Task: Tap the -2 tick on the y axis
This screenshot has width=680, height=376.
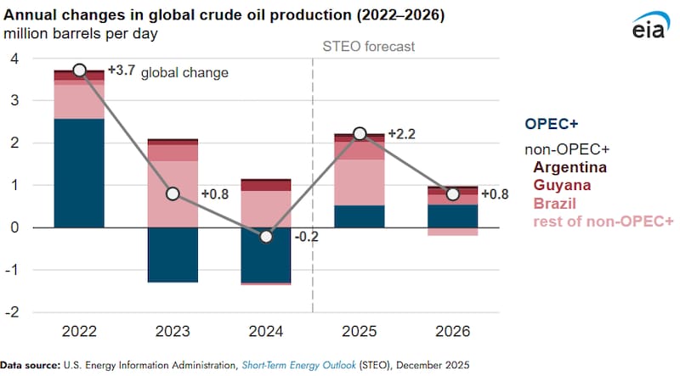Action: (13, 311)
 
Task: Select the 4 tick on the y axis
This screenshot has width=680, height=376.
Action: (14, 59)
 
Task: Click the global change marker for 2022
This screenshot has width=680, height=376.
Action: (79, 70)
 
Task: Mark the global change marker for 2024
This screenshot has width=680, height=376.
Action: (266, 236)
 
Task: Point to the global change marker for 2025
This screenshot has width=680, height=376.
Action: (360, 134)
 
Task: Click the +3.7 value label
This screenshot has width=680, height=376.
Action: (120, 70)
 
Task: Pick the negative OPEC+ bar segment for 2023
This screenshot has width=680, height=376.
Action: (173, 254)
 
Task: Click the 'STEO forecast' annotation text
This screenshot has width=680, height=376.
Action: (368, 46)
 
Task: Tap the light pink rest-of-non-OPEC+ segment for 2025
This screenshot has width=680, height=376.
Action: (360, 182)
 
